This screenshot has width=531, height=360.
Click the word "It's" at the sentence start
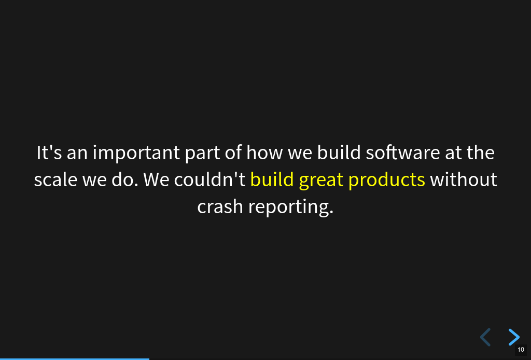tap(49, 153)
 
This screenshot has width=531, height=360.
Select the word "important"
tap(136, 153)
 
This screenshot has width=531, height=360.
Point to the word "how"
tap(264, 153)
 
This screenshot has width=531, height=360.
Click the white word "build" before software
tap(339, 153)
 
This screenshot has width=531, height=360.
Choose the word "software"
tap(402, 153)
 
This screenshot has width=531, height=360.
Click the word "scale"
tap(55, 179)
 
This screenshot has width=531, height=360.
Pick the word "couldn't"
tap(209, 179)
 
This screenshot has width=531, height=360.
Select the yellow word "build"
tap(272, 179)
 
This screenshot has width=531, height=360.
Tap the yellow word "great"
tap(321, 181)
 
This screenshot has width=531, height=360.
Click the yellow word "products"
tap(386, 180)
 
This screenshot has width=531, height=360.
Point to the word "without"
tap(463, 179)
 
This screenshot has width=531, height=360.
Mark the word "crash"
tap(220, 206)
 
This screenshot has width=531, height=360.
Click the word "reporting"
tap(289, 208)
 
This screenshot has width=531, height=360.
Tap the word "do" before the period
tap(122, 179)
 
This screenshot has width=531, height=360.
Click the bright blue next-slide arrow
tap(514, 337)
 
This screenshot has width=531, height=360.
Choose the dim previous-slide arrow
tap(485, 337)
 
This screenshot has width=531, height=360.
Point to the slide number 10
tap(521, 350)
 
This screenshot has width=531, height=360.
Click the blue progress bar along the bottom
tap(75, 359)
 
